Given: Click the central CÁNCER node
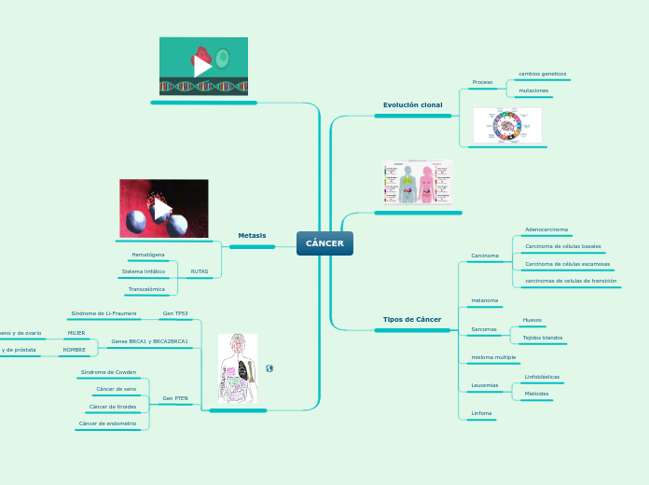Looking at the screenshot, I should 324,243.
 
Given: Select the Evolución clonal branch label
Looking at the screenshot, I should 412,104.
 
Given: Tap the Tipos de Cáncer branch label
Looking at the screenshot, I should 412,319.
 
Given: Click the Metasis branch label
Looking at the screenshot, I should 252,235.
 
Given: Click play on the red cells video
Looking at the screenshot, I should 163,209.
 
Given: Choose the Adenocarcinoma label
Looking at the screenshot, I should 546,229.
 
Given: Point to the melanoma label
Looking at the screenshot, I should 485,300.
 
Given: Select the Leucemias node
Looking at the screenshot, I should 485,384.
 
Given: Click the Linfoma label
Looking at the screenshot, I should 482,412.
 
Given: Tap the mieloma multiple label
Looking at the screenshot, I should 494,357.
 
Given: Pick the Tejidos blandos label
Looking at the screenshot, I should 543,338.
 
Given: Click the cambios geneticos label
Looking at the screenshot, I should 542,73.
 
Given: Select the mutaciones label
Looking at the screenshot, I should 533,90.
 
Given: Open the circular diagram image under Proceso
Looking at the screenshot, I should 507,125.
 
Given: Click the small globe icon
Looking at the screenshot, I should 269,368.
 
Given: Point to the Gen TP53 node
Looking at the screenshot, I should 174,313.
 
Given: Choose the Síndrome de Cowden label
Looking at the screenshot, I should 108,372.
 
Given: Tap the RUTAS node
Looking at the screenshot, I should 200,271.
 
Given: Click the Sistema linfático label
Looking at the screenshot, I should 144,271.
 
